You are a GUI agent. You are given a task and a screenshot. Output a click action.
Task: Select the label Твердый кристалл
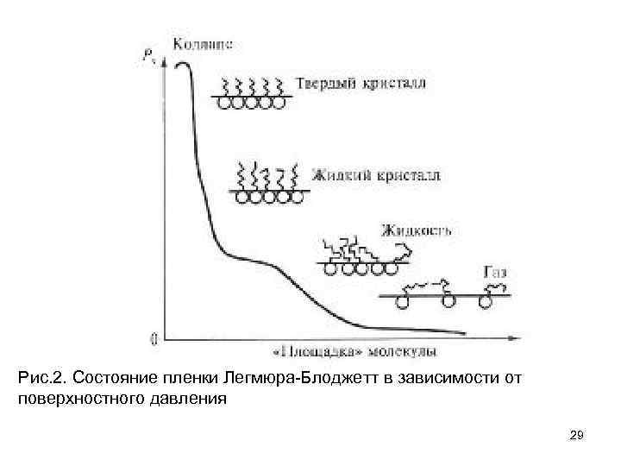pyautogui.click(x=361, y=85)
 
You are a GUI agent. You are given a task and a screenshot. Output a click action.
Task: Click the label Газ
pyautogui.click(x=495, y=272)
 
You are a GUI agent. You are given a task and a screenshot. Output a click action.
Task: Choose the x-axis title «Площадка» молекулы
pyautogui.click(x=354, y=351)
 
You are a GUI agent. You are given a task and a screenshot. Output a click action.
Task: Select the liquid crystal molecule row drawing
pyautogui.click(x=269, y=183)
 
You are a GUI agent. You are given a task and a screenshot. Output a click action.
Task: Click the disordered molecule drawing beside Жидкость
pyautogui.click(x=363, y=255)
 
